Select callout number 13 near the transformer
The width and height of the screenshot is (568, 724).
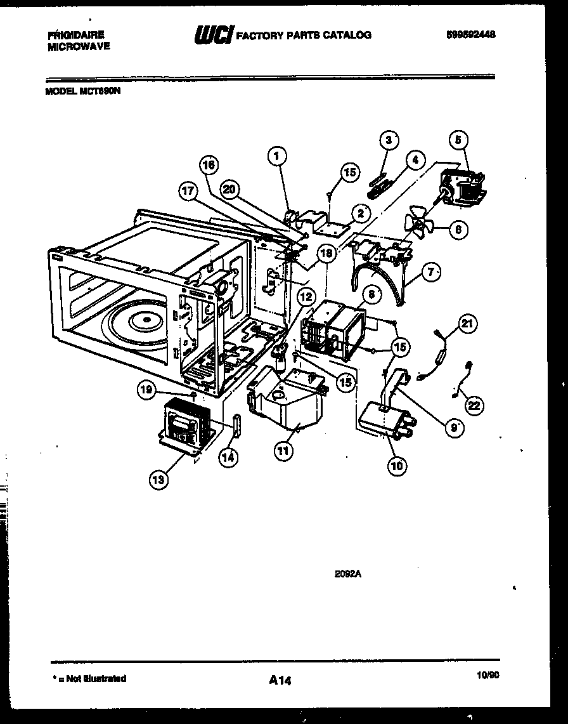point(159,480)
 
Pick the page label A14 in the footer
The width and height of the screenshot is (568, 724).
point(280,680)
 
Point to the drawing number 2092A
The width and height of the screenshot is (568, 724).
point(347,574)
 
